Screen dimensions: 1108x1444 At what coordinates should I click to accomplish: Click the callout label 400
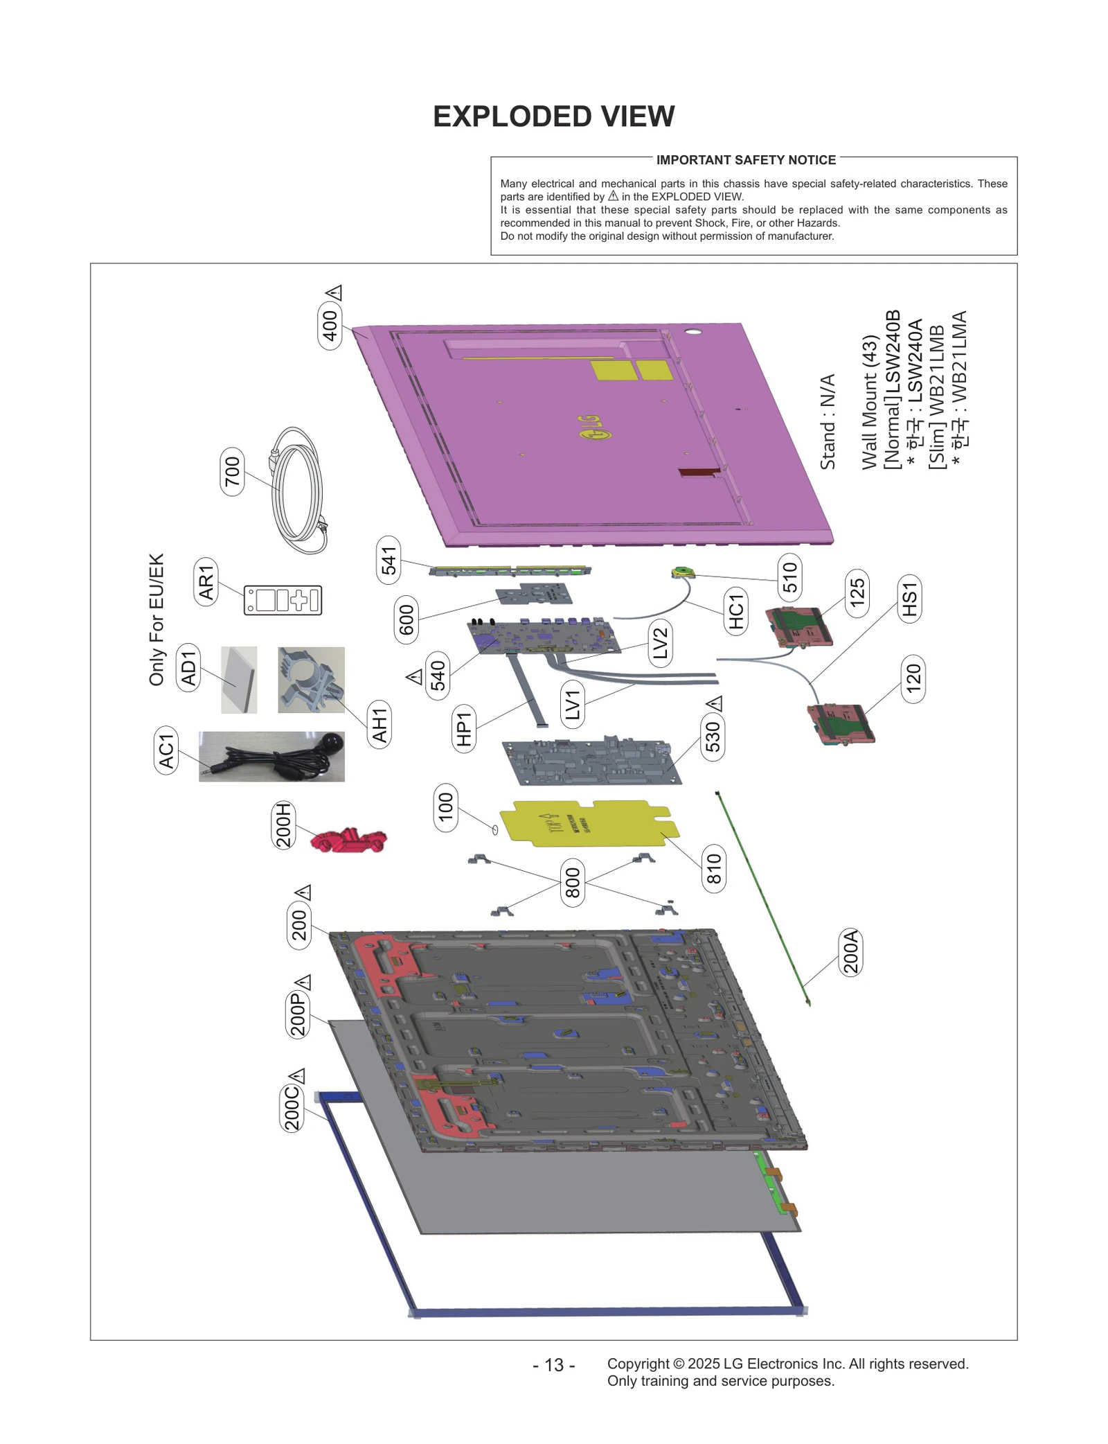[x=330, y=326]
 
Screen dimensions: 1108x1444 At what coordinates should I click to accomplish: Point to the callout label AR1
[x=206, y=582]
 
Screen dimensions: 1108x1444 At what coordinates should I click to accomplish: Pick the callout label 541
[x=388, y=561]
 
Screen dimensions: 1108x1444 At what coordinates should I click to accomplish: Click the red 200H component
[x=348, y=840]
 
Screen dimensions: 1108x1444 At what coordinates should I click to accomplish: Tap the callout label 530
[x=713, y=736]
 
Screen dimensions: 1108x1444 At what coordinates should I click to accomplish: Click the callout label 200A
[x=850, y=952]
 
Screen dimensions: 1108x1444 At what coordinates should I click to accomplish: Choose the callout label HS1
[x=909, y=599]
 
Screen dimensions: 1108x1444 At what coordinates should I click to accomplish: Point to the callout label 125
[x=857, y=593]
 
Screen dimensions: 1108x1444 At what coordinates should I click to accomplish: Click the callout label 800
[x=572, y=883]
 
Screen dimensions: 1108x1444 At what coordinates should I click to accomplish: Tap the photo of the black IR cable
[x=271, y=757]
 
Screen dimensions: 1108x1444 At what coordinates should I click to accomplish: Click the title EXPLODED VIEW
[x=553, y=116]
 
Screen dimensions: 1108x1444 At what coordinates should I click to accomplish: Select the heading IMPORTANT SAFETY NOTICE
[x=746, y=160]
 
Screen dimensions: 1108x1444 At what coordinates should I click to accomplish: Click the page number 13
[x=553, y=1365]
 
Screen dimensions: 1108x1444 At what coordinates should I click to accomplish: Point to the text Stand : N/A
[x=828, y=422]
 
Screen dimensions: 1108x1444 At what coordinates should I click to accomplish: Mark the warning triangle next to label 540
[x=414, y=676]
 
